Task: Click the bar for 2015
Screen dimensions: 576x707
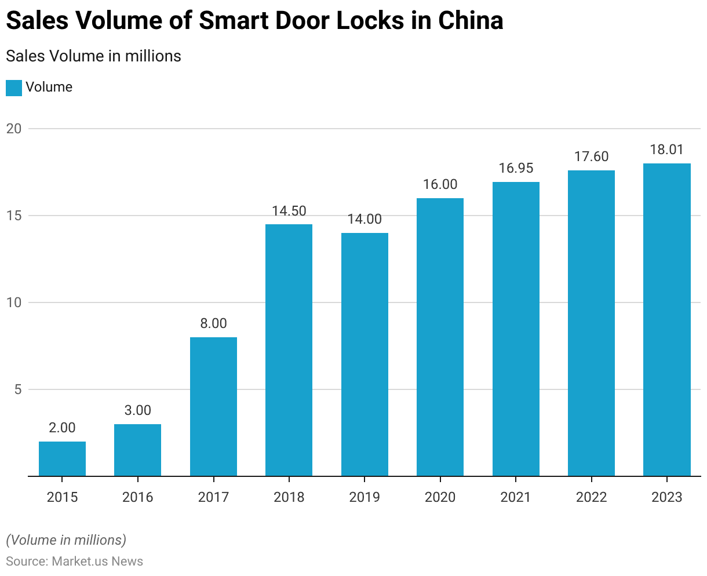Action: point(62,459)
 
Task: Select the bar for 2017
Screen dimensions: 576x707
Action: point(213,407)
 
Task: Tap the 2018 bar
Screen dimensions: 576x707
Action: point(289,350)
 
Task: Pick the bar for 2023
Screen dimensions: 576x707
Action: point(666,320)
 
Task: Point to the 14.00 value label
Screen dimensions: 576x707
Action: point(365,219)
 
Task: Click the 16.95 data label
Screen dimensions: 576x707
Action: point(516,168)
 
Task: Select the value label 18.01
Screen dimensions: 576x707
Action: point(666,150)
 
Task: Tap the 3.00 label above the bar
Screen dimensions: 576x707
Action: point(137,410)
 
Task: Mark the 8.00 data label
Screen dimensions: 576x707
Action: point(213,323)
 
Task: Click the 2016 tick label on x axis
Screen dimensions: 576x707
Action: point(137,497)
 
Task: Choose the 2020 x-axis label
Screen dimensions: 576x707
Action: point(440,497)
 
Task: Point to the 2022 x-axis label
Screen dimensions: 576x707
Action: point(591,497)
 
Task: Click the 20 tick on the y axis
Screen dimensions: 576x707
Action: point(14,129)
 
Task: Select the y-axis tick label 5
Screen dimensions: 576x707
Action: point(17,389)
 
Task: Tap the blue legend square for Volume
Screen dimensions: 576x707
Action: point(14,88)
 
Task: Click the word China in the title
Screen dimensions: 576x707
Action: point(471,21)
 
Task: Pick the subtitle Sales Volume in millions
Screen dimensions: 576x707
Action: point(93,56)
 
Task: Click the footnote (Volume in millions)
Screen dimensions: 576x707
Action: point(66,540)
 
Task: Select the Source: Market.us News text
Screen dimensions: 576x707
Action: point(74,561)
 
